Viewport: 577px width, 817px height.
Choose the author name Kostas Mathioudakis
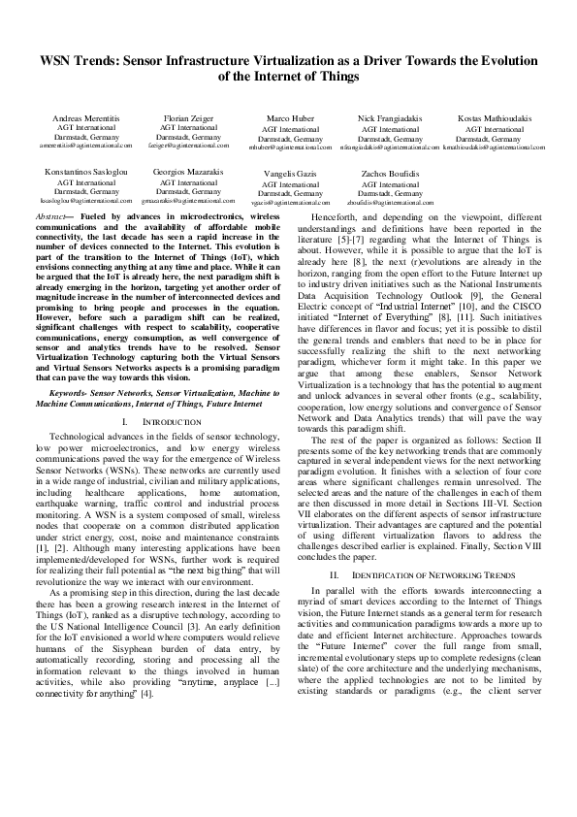click(495, 118)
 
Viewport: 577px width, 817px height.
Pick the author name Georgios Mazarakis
click(188, 172)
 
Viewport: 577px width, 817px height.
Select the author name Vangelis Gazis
click(291, 174)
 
